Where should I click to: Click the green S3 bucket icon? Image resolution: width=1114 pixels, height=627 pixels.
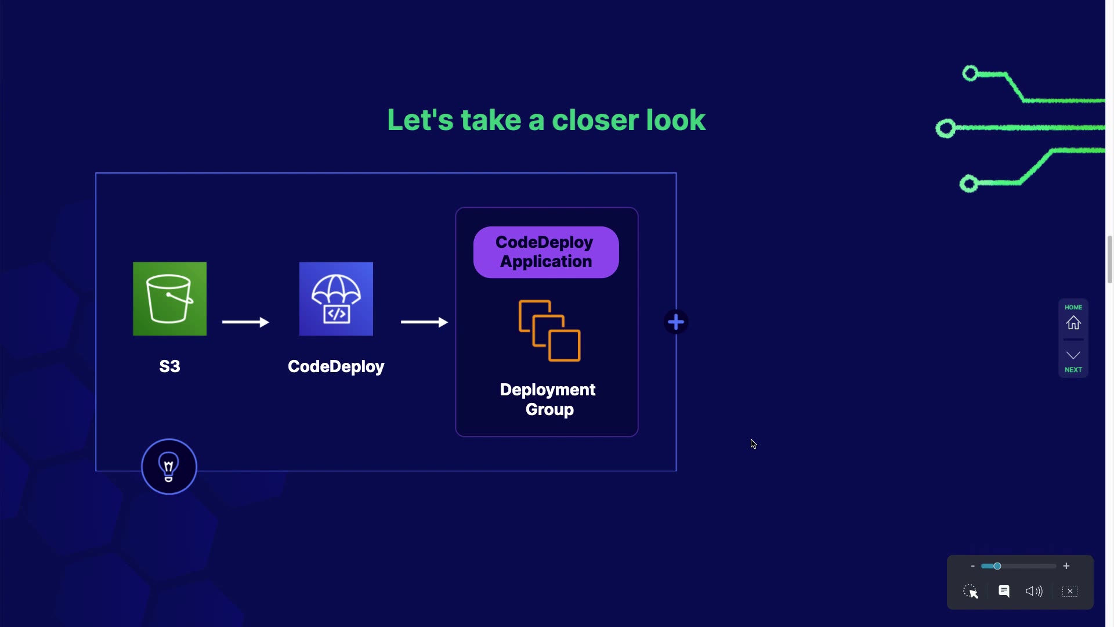click(x=169, y=298)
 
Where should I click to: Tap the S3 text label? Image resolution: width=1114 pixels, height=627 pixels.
click(x=169, y=366)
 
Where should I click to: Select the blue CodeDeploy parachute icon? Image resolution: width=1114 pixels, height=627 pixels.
click(x=336, y=298)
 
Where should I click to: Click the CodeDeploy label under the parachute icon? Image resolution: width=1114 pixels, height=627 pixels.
click(x=336, y=366)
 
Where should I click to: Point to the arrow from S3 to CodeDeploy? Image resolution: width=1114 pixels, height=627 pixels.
click(x=245, y=322)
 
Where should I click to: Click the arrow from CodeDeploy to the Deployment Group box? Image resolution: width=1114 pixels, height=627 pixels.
click(x=424, y=322)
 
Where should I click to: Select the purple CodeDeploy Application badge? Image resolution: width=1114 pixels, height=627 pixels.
click(x=546, y=252)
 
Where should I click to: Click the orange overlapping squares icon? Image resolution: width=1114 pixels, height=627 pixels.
click(x=549, y=331)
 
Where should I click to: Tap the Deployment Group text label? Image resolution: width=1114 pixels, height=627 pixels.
click(x=548, y=399)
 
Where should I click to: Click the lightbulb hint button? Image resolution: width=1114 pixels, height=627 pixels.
click(x=169, y=467)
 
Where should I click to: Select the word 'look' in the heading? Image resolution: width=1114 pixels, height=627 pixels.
click(x=676, y=120)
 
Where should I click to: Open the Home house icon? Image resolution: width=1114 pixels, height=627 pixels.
click(x=1073, y=323)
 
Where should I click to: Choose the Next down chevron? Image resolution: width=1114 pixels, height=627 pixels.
click(x=1073, y=355)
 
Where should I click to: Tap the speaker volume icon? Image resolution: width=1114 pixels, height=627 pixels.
click(x=1034, y=591)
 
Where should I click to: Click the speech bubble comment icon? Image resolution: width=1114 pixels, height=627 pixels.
click(x=1004, y=591)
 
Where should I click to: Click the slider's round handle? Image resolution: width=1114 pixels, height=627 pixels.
click(x=997, y=566)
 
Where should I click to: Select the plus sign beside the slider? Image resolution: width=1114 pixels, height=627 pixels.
click(x=1066, y=566)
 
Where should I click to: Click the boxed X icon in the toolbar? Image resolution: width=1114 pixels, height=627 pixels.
click(x=1070, y=591)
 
